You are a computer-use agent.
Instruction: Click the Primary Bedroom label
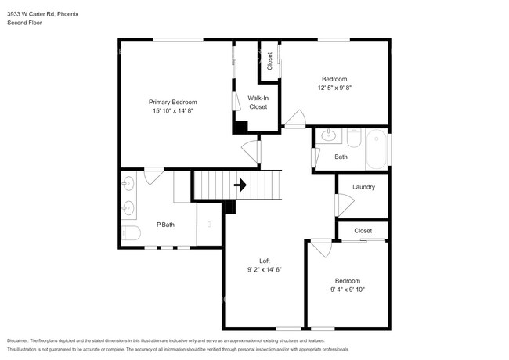173,102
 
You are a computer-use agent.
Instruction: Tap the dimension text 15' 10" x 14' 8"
173,111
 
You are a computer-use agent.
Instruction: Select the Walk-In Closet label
258,102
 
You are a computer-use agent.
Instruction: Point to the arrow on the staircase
241,185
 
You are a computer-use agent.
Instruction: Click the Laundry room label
363,187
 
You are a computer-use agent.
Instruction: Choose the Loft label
265,261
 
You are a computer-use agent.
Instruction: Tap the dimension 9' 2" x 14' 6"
265,270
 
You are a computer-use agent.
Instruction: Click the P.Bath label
164,225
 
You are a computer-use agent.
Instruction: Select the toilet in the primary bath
131,232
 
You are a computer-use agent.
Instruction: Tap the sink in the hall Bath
329,136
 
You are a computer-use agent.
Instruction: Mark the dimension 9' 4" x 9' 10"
348,290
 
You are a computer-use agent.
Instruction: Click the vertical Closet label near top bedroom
270,61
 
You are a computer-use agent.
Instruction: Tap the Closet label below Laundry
363,231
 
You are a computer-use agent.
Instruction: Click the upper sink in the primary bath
129,184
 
